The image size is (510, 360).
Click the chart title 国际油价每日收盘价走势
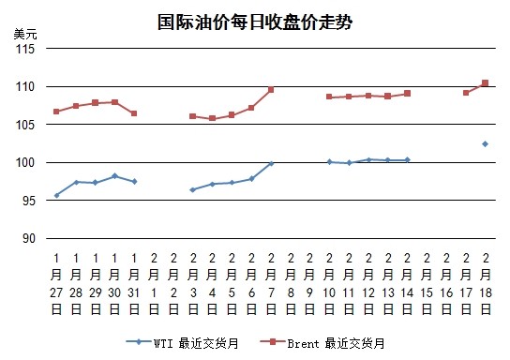click(255, 22)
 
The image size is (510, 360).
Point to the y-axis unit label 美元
click(25, 34)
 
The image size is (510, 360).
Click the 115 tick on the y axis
click(25, 49)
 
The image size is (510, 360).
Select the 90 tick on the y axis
click(29, 238)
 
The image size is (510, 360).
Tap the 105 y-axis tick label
click(25, 125)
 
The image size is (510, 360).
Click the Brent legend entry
click(322, 343)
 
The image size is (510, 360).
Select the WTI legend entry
click(182, 343)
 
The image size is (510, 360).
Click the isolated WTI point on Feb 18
click(485, 144)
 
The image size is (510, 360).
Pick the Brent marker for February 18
click(485, 82)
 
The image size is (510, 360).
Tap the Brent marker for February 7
click(271, 89)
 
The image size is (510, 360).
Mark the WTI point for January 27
click(56, 195)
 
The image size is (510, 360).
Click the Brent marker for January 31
click(134, 113)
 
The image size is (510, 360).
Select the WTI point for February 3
click(192, 189)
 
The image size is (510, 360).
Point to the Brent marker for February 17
click(466, 93)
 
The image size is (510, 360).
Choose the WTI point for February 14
click(407, 159)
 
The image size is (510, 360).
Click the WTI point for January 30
click(114, 176)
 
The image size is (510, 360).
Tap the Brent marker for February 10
click(329, 97)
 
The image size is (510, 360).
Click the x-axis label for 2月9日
click(309, 284)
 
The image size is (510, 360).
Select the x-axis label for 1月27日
click(56, 284)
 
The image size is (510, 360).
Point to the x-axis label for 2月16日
click(446, 284)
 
